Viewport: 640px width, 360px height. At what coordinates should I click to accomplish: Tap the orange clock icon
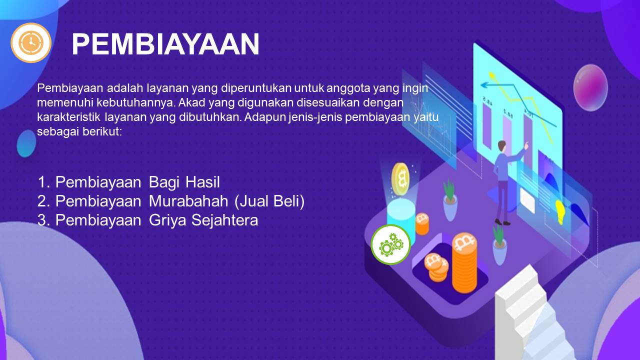click(x=31, y=42)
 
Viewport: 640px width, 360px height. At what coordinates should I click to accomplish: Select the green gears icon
click(x=390, y=244)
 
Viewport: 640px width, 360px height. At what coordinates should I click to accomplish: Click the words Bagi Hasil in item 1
click(x=184, y=182)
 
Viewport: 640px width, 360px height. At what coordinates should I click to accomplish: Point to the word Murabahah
click(x=188, y=201)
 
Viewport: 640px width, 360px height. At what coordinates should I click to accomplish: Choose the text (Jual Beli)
click(x=269, y=201)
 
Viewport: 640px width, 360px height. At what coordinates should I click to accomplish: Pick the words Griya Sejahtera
click(x=203, y=220)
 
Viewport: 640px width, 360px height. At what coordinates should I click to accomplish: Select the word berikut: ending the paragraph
click(x=102, y=131)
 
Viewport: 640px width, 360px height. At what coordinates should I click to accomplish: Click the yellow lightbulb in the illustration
click(x=560, y=211)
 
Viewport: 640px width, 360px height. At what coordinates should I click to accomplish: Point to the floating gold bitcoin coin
click(x=400, y=178)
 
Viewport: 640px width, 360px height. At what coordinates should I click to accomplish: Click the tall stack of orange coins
click(x=464, y=263)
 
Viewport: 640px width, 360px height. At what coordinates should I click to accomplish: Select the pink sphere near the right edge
click(x=590, y=87)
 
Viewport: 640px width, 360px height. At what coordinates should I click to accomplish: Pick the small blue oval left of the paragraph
click(x=26, y=143)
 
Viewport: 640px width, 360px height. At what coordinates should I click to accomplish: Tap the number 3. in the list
click(x=43, y=220)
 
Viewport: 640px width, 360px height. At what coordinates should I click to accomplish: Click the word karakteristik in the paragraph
click(x=68, y=117)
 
